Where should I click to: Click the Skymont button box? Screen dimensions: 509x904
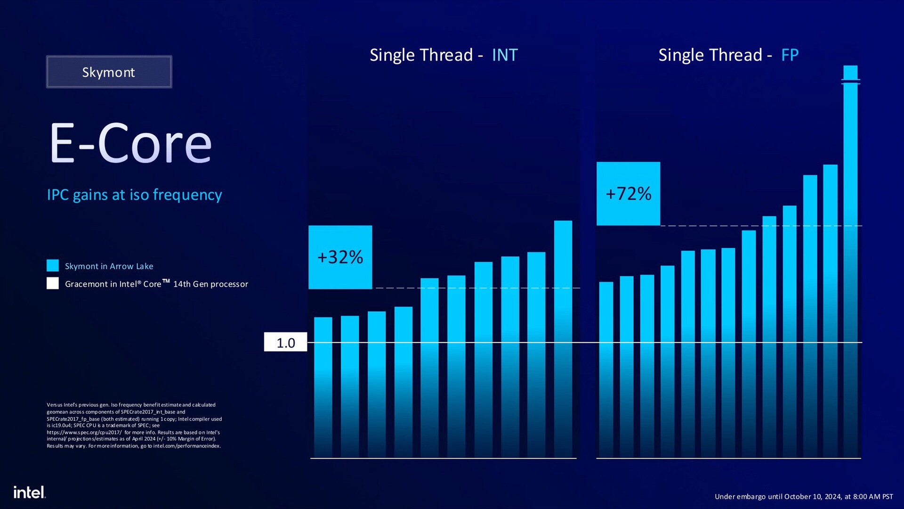point(109,72)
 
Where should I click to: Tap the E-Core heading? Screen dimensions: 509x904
point(130,143)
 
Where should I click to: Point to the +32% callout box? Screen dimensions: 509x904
point(340,257)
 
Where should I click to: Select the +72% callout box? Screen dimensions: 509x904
point(628,194)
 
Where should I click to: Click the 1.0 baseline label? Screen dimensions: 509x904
point(285,343)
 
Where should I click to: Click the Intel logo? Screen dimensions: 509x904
point(29,493)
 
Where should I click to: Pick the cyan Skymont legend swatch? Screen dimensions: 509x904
point(53,266)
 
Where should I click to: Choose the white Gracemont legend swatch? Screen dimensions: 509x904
point(53,283)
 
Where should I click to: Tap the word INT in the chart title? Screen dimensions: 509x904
point(505,55)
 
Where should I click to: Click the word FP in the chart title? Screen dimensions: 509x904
point(790,55)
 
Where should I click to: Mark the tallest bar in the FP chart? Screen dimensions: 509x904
point(850,264)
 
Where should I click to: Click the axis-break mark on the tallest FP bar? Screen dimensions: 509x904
point(850,82)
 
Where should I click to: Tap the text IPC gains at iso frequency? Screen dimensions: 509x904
point(134,195)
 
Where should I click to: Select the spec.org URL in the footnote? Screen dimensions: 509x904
point(84,432)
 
